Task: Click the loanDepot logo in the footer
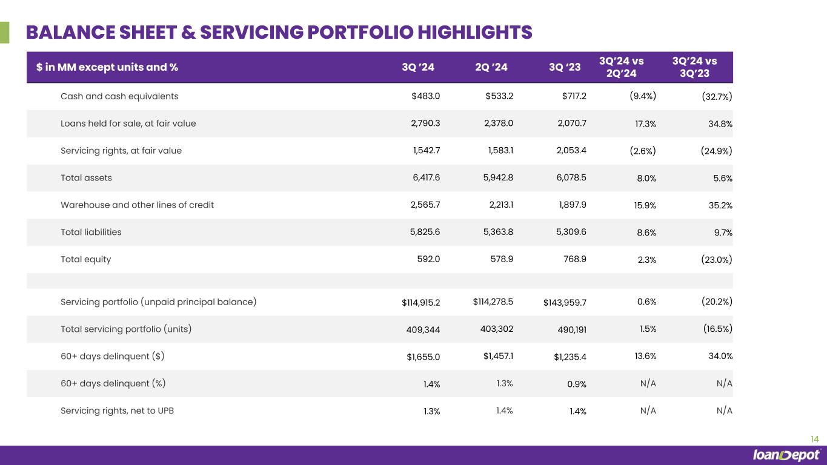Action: click(x=786, y=455)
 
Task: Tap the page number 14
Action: click(x=814, y=439)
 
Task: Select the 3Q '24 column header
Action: click(x=418, y=67)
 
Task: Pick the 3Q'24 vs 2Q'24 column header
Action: click(x=621, y=67)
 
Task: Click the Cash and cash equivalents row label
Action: click(x=119, y=96)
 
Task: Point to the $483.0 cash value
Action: click(x=425, y=96)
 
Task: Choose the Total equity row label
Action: click(x=85, y=259)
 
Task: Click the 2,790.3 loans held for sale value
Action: click(x=425, y=124)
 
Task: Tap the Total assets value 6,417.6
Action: click(x=425, y=178)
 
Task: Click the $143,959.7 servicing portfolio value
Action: click(x=565, y=302)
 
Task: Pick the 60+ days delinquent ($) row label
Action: click(x=112, y=356)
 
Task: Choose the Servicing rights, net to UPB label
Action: click(x=118, y=411)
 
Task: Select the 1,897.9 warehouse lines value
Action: click(x=571, y=205)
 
